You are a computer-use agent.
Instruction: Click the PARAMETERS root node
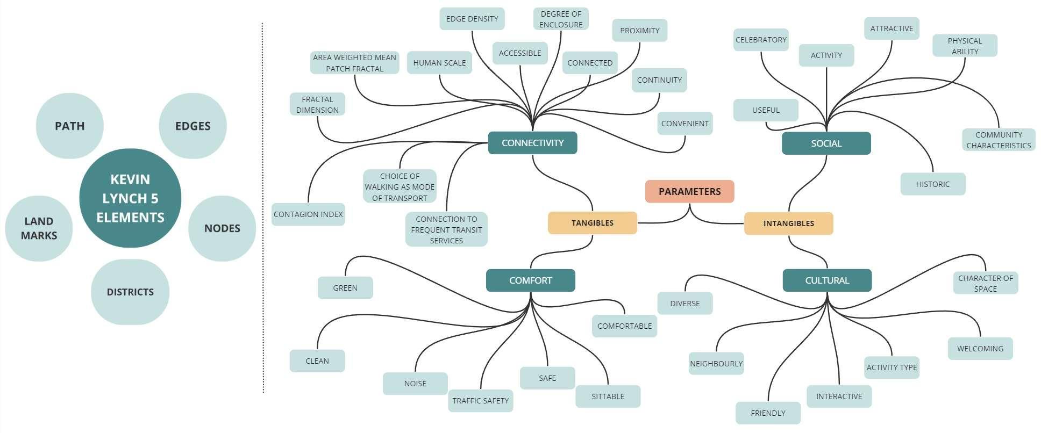(x=689, y=191)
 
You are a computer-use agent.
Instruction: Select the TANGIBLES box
(x=592, y=223)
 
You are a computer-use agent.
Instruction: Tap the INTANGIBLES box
(x=788, y=223)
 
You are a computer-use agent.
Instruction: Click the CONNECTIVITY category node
(x=532, y=143)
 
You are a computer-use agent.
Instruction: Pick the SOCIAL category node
(x=826, y=143)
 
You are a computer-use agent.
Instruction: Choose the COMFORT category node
(x=530, y=280)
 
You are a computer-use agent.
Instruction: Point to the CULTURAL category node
(x=827, y=280)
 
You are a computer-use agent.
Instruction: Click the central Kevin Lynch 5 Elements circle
(x=130, y=198)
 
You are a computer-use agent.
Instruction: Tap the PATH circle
(x=70, y=126)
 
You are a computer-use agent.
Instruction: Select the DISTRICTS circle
(x=130, y=292)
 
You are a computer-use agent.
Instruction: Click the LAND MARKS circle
(x=39, y=228)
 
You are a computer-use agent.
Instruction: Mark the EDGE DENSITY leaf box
(x=472, y=19)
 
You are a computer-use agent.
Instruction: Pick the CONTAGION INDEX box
(x=308, y=214)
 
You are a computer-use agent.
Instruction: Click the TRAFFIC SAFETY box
(x=480, y=401)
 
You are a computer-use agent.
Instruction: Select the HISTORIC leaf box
(x=933, y=184)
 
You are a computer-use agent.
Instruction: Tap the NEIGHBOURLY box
(x=716, y=364)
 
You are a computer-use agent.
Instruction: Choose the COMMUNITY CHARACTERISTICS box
(x=999, y=140)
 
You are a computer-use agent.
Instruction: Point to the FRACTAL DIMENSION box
(x=317, y=104)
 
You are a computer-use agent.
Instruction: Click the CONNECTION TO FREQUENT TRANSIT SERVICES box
(x=446, y=229)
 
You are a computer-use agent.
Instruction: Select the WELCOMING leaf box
(x=980, y=349)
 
